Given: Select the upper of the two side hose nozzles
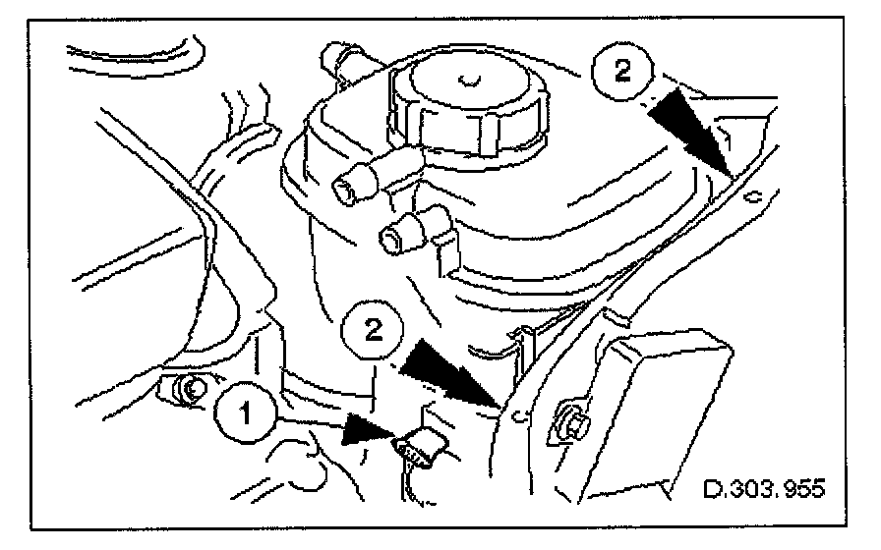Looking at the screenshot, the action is point(355,183).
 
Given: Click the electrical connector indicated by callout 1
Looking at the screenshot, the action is point(418,447).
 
